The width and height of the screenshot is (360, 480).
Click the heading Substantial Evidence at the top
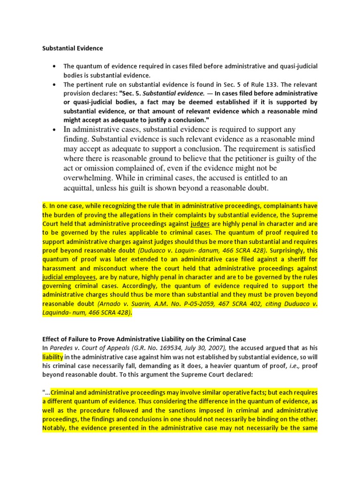[x=73, y=48]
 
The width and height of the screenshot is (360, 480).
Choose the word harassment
[x=60, y=268]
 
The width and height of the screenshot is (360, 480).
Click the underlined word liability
[x=52, y=357]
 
